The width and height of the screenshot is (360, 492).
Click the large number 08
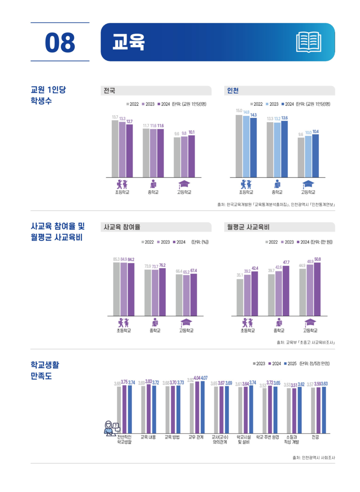[60, 42]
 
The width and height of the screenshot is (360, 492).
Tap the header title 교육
[129, 42]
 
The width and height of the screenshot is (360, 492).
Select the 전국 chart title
[109, 90]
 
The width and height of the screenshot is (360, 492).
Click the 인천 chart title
[233, 90]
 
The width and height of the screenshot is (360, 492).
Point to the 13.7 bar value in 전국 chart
[115, 117]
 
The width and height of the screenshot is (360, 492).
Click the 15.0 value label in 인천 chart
[239, 111]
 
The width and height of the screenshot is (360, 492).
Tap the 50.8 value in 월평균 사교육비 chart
[317, 259]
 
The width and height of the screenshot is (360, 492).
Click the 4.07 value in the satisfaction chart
[204, 378]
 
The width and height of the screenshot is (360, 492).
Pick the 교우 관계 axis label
[197, 437]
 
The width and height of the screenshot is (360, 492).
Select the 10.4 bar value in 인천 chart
[316, 132]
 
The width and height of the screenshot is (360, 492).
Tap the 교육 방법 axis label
[172, 437]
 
